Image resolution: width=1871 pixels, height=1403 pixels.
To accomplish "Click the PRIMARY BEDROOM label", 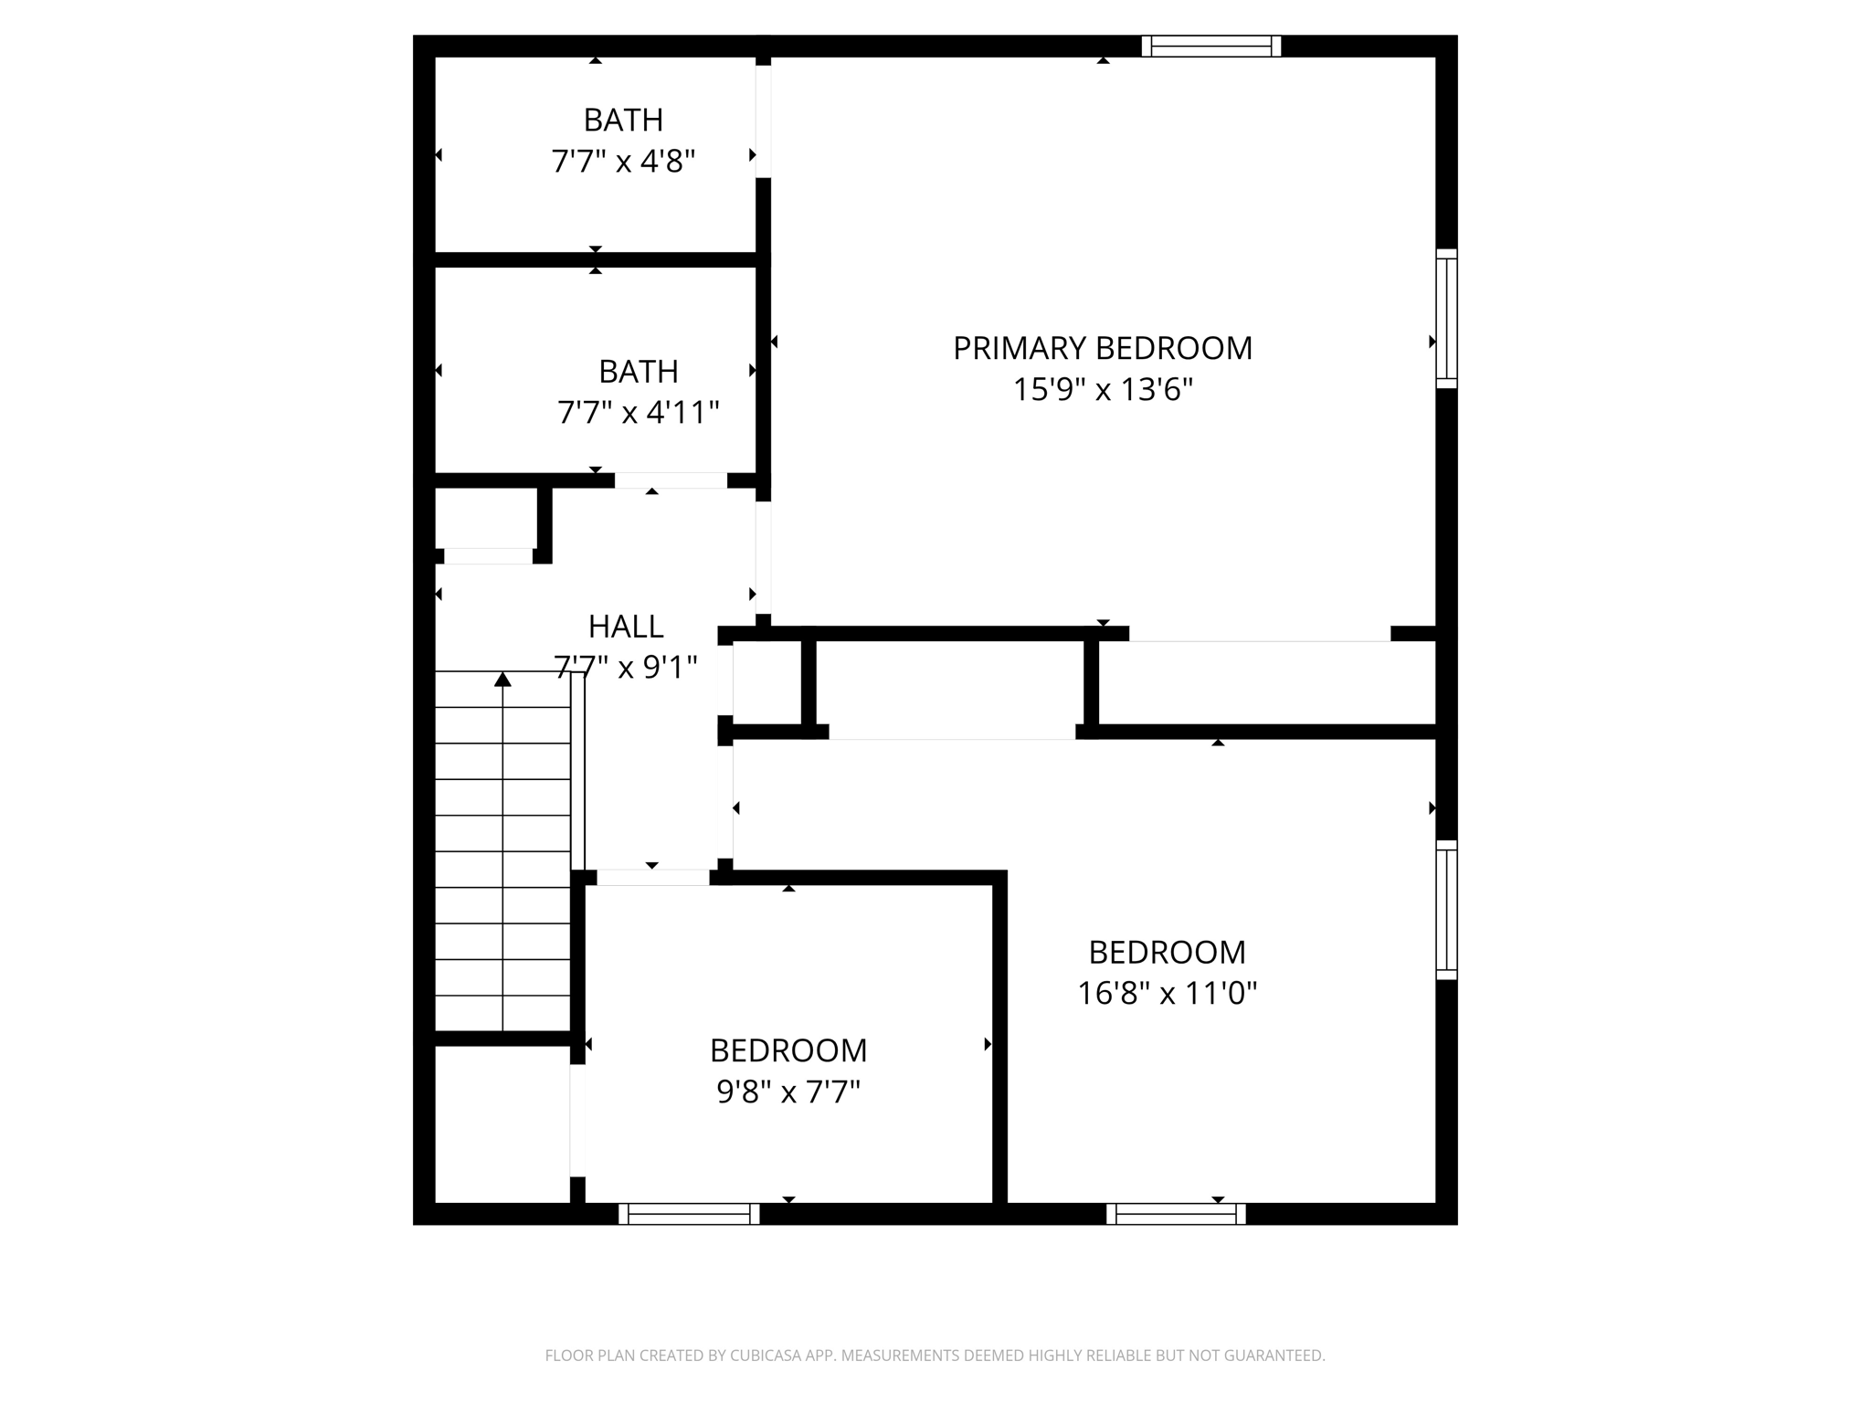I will (1102, 348).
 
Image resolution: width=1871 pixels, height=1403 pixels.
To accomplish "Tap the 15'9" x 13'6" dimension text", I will (1102, 390).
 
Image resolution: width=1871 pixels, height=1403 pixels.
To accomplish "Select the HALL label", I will (625, 627).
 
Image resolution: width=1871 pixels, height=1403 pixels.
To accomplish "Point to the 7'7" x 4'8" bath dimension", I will (623, 162).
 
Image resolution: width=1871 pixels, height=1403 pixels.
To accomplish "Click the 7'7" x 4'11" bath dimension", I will (638, 413).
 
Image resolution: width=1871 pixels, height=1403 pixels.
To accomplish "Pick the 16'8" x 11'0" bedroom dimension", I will (1167, 993).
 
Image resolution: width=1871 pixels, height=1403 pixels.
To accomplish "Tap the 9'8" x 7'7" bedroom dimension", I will (788, 1092).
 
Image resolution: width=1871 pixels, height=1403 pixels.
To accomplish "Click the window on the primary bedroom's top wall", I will (1210, 46).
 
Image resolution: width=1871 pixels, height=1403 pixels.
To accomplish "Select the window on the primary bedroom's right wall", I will (1446, 318).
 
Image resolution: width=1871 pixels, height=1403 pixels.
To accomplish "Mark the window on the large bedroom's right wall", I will (1446, 910).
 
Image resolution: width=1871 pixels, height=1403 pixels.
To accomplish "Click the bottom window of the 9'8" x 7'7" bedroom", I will (689, 1214).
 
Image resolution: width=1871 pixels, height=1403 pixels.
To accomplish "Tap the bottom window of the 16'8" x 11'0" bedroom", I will (1176, 1214).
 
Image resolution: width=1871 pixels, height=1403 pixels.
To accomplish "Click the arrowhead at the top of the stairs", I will (502, 679).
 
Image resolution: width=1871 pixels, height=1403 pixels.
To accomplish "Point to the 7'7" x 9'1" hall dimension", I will (625, 668).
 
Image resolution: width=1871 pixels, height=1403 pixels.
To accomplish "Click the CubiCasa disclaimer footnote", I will (935, 1356).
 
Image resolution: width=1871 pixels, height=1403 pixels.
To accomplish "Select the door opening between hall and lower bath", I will (671, 480).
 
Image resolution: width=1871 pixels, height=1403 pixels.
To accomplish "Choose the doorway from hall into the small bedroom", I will (652, 878).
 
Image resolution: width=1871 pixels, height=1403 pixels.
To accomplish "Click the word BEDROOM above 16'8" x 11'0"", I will (1167, 952).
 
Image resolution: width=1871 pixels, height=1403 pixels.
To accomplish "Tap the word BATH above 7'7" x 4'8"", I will (623, 120).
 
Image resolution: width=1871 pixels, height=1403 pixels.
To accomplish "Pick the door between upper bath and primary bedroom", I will (763, 121).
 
